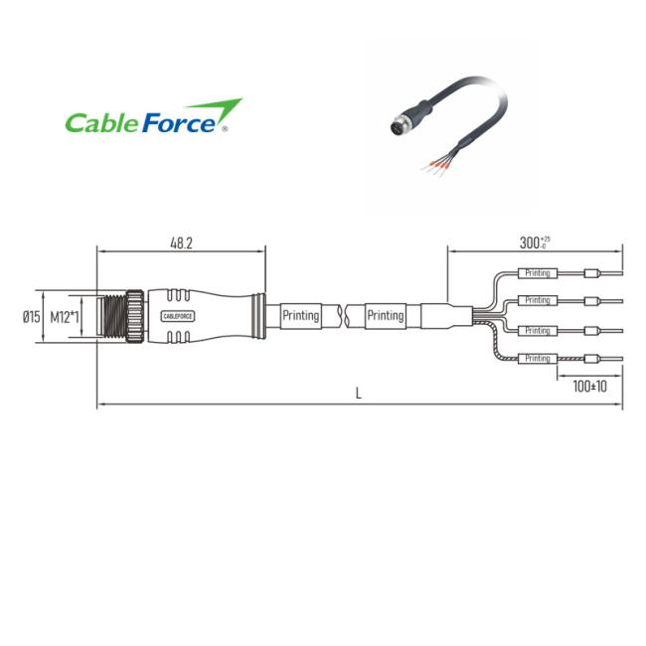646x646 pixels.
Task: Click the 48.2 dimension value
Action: (x=181, y=243)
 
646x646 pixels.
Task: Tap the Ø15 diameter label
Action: (x=32, y=317)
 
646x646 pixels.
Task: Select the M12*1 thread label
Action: (x=65, y=317)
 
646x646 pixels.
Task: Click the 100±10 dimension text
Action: (x=589, y=387)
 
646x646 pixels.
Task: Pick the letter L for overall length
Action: (x=359, y=394)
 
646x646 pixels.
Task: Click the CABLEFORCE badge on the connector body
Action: (x=178, y=316)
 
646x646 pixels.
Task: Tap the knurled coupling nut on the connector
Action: (x=135, y=316)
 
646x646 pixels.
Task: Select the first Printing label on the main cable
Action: (x=301, y=316)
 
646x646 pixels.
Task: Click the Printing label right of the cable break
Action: (x=386, y=316)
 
